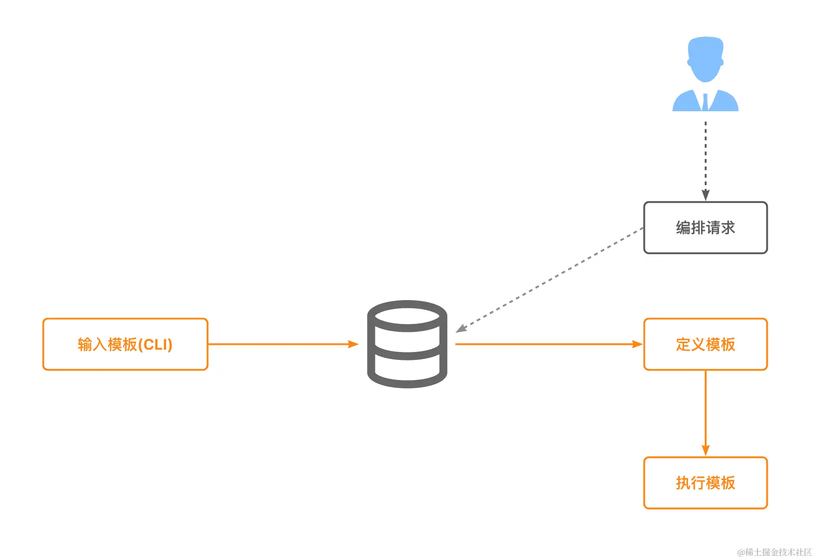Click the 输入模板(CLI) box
click(125, 345)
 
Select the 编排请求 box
click(705, 228)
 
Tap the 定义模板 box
click(705, 345)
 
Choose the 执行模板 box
click(705, 483)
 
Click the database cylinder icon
click(407, 345)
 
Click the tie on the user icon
click(705, 101)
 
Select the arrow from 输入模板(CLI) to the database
click(280, 345)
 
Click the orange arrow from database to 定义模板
click(547, 345)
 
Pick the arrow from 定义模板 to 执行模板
click(705, 411)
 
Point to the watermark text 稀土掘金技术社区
click(779, 552)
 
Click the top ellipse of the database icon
click(407, 316)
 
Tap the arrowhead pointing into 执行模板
click(705, 451)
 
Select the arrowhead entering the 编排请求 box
click(705, 195)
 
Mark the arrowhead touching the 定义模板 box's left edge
click(637, 345)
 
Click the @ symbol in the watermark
click(741, 553)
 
